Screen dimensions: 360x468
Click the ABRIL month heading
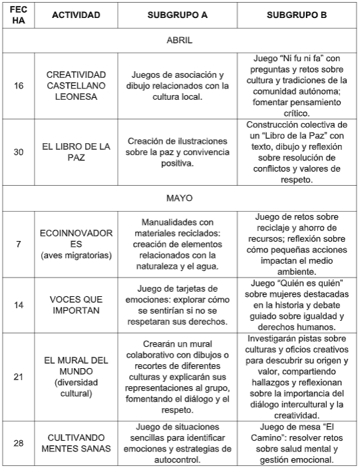pyautogui.click(x=180, y=40)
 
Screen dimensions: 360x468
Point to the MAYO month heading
pyautogui.click(x=180, y=198)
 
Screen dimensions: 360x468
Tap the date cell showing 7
pyautogui.click(x=18, y=244)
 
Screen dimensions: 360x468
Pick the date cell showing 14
pyautogui.click(x=18, y=304)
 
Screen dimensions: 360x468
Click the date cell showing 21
pyautogui.click(x=18, y=376)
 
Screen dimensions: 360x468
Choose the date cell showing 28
pyautogui.click(x=18, y=442)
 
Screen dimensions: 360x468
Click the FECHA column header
pyautogui.click(x=18, y=15)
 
